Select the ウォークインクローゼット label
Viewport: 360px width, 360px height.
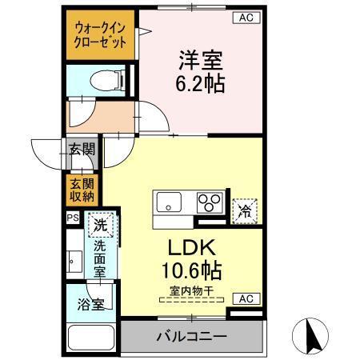coord(99,34)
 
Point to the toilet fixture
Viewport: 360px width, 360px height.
coord(104,79)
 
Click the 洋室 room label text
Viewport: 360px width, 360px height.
coord(200,59)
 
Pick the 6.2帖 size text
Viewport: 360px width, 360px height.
coord(200,82)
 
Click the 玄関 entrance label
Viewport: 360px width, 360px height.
coord(82,149)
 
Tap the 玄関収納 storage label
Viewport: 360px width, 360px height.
coord(82,188)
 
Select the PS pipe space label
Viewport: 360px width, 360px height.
coord(72,216)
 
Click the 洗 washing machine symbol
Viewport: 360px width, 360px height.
coord(100,225)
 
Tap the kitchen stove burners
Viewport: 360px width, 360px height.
coord(210,201)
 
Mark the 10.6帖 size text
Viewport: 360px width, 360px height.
coord(194,269)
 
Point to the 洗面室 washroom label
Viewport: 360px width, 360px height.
coord(100,259)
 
